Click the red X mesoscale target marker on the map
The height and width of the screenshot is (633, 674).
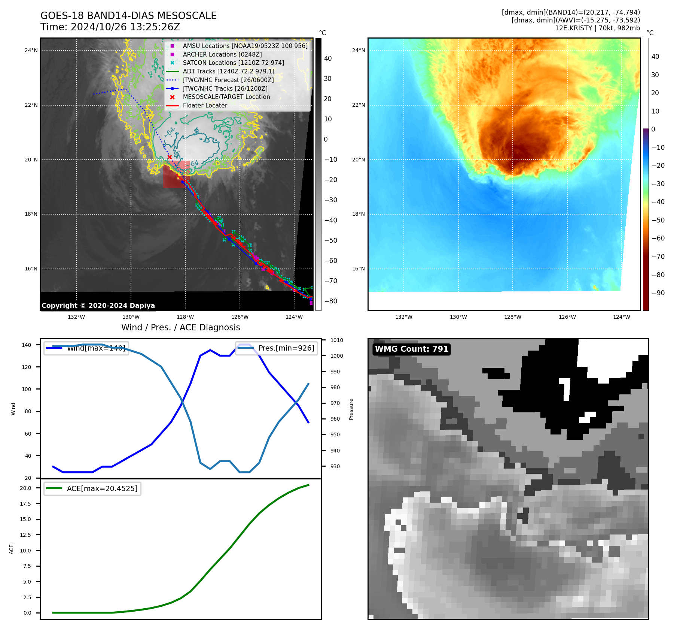(x=170, y=157)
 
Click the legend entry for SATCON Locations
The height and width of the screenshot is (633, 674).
(x=233, y=63)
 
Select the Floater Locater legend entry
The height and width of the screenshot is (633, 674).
(x=205, y=106)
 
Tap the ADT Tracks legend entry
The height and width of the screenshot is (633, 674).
(x=228, y=72)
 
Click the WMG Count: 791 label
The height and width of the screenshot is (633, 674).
(x=411, y=349)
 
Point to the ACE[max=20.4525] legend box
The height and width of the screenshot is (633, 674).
(x=92, y=488)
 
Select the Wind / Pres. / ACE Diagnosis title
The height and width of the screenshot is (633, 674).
(x=180, y=327)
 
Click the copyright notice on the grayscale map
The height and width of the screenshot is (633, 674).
(x=98, y=306)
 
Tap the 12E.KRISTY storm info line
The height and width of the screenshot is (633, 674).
(x=597, y=28)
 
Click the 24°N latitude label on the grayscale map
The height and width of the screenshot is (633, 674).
(x=31, y=51)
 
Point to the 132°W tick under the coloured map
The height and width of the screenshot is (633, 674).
(x=403, y=317)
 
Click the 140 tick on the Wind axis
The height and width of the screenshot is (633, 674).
(x=27, y=345)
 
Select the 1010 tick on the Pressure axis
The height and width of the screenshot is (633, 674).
(x=336, y=340)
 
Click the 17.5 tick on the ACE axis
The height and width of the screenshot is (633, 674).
(x=25, y=504)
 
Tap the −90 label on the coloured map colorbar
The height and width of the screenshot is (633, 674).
(x=658, y=293)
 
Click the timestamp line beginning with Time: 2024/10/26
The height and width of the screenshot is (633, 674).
(x=110, y=27)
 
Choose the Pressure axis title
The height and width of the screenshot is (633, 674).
(x=351, y=409)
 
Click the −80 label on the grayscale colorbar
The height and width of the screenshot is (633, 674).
(x=330, y=301)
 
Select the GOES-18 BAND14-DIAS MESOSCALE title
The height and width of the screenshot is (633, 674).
(x=128, y=16)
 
